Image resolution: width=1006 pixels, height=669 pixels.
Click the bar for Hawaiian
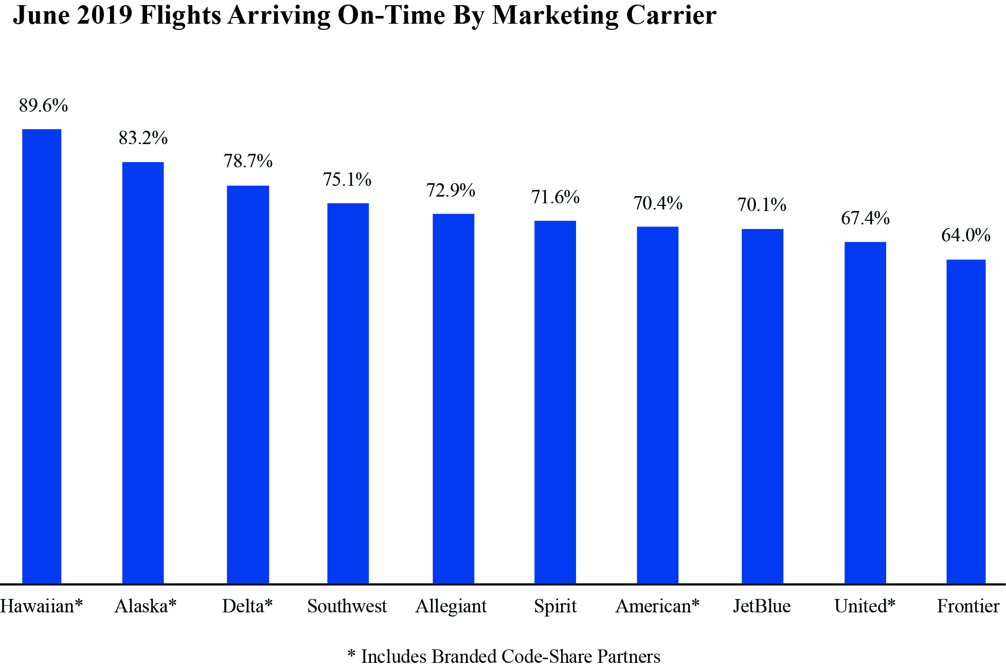tap(42, 356)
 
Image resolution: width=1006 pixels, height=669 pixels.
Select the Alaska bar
tap(143, 373)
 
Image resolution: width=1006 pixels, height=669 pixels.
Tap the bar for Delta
tap(248, 384)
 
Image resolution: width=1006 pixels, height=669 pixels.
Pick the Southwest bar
tap(348, 393)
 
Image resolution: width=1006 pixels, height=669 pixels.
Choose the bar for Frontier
tap(966, 421)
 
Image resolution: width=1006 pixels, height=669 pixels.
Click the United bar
tap(865, 413)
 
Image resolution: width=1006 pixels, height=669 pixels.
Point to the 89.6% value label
tap(43, 105)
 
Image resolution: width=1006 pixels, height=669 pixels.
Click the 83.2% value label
tap(143, 138)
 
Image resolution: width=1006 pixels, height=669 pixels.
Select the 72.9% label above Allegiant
tap(451, 190)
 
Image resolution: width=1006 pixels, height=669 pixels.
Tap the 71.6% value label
tap(555, 197)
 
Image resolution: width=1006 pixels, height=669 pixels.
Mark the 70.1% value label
tap(762, 205)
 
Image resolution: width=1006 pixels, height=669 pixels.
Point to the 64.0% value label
tap(965, 235)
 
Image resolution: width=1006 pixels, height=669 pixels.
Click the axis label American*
tap(657, 606)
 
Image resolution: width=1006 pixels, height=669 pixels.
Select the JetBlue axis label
tap(762, 606)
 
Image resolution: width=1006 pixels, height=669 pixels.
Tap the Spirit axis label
tap(555, 607)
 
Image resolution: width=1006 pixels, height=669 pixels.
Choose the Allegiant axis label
tap(451, 607)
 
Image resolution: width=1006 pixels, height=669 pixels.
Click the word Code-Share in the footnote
tap(547, 657)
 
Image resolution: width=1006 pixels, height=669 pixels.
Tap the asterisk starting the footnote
tap(352, 655)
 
